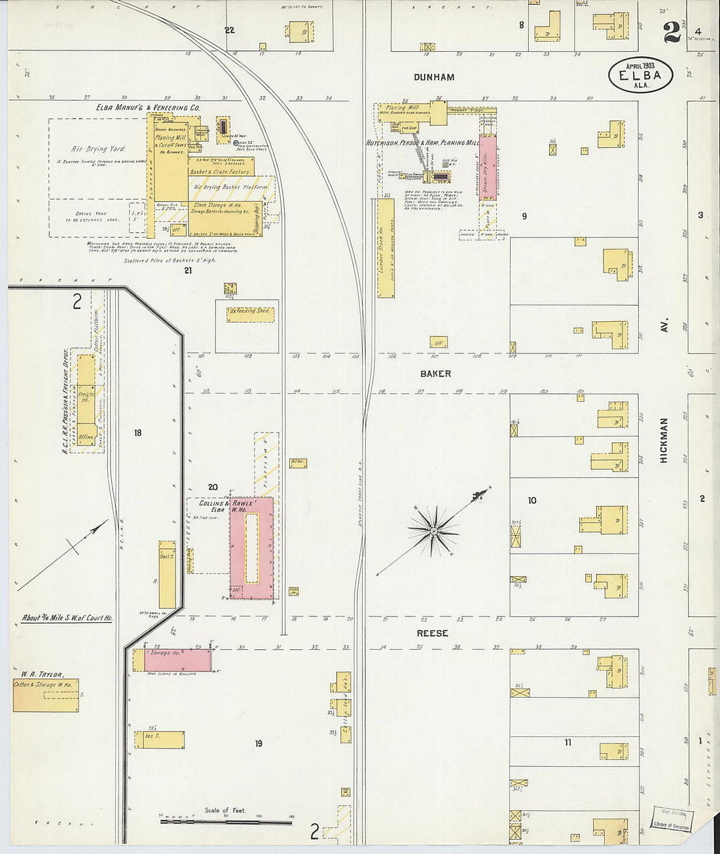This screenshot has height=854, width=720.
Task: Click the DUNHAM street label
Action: click(434, 77)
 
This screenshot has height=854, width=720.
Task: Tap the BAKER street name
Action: click(435, 374)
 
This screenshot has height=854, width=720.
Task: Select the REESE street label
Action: click(433, 633)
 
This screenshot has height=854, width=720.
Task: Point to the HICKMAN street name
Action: click(664, 441)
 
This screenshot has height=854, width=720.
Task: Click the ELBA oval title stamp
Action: click(640, 75)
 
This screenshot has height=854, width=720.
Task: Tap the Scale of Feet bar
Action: click(226, 821)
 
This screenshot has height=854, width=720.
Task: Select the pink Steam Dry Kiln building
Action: click(488, 168)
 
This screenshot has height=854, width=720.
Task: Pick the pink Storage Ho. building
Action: click(177, 660)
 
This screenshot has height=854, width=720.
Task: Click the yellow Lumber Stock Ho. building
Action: click(386, 249)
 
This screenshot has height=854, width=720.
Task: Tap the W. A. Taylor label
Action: click(42, 675)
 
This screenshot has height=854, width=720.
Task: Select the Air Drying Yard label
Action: click(98, 149)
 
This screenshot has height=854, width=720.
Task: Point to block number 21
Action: click(188, 270)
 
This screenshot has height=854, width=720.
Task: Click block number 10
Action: click(532, 501)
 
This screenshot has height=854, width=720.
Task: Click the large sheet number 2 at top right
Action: click(672, 33)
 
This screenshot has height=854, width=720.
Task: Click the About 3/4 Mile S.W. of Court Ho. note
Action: click(67, 618)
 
